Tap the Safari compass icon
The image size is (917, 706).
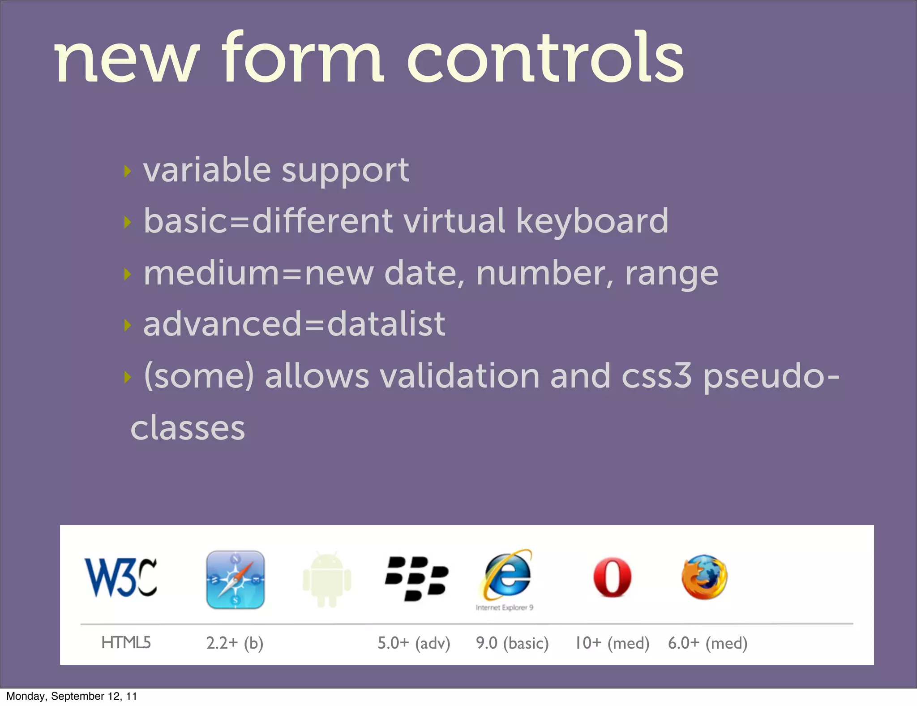[236, 579]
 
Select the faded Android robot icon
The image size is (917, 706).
[327, 579]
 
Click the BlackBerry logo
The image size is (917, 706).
[416, 578]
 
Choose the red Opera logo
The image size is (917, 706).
[612, 577]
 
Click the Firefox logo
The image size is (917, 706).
[704, 577]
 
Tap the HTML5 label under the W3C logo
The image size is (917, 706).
[126, 642]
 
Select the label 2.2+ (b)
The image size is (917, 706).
[235, 643]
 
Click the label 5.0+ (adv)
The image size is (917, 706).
[414, 643]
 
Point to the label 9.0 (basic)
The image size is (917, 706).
[512, 643]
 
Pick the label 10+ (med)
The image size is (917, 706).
[612, 643]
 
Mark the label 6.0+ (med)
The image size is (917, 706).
[707, 643]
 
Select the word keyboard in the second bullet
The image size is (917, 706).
[592, 222]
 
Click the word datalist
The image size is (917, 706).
[386, 323]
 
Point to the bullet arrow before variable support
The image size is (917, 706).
[128, 171]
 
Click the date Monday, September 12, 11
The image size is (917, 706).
[72, 696]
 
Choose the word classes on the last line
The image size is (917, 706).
[188, 428]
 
